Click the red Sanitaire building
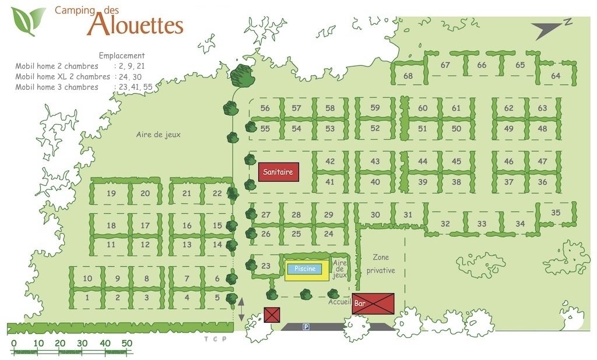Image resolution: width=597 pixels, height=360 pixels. point(279,172)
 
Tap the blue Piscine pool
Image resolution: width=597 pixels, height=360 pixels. point(305,269)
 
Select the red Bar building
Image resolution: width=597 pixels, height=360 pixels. point(373,303)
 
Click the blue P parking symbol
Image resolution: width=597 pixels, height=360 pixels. point(305,327)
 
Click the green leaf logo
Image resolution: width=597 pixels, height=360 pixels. point(27,20)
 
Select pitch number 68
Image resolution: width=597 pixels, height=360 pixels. point(408,76)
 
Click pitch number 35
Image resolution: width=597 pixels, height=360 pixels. point(556,213)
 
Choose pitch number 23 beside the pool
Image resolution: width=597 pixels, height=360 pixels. point(266,266)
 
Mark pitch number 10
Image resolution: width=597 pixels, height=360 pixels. point(87,278)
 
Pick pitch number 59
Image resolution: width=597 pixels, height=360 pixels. point(375,108)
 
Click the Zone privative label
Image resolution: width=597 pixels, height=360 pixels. point(381,264)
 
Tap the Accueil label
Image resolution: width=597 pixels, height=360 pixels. point(339,302)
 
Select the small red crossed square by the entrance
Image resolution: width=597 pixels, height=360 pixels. point(272,315)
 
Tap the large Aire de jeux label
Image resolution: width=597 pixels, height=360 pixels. point(159,135)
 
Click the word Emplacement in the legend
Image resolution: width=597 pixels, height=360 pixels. point(122,56)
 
